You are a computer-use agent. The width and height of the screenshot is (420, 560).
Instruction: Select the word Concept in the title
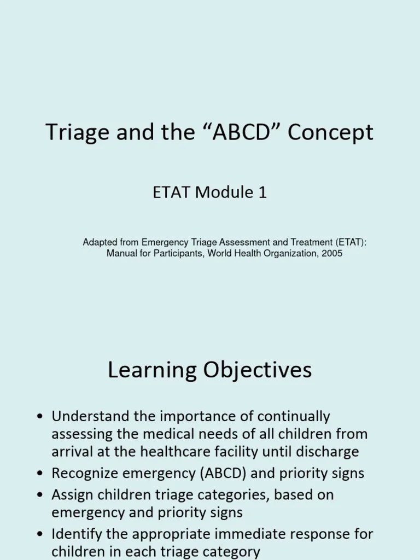coord(330,133)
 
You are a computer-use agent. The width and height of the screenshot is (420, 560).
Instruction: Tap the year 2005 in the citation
coord(332,254)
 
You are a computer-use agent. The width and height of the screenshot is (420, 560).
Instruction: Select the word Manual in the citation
coord(121,254)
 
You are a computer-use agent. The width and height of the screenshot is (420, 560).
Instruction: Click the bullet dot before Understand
coord(39,417)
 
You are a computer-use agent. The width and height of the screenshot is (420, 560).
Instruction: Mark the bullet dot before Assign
coord(39,495)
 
